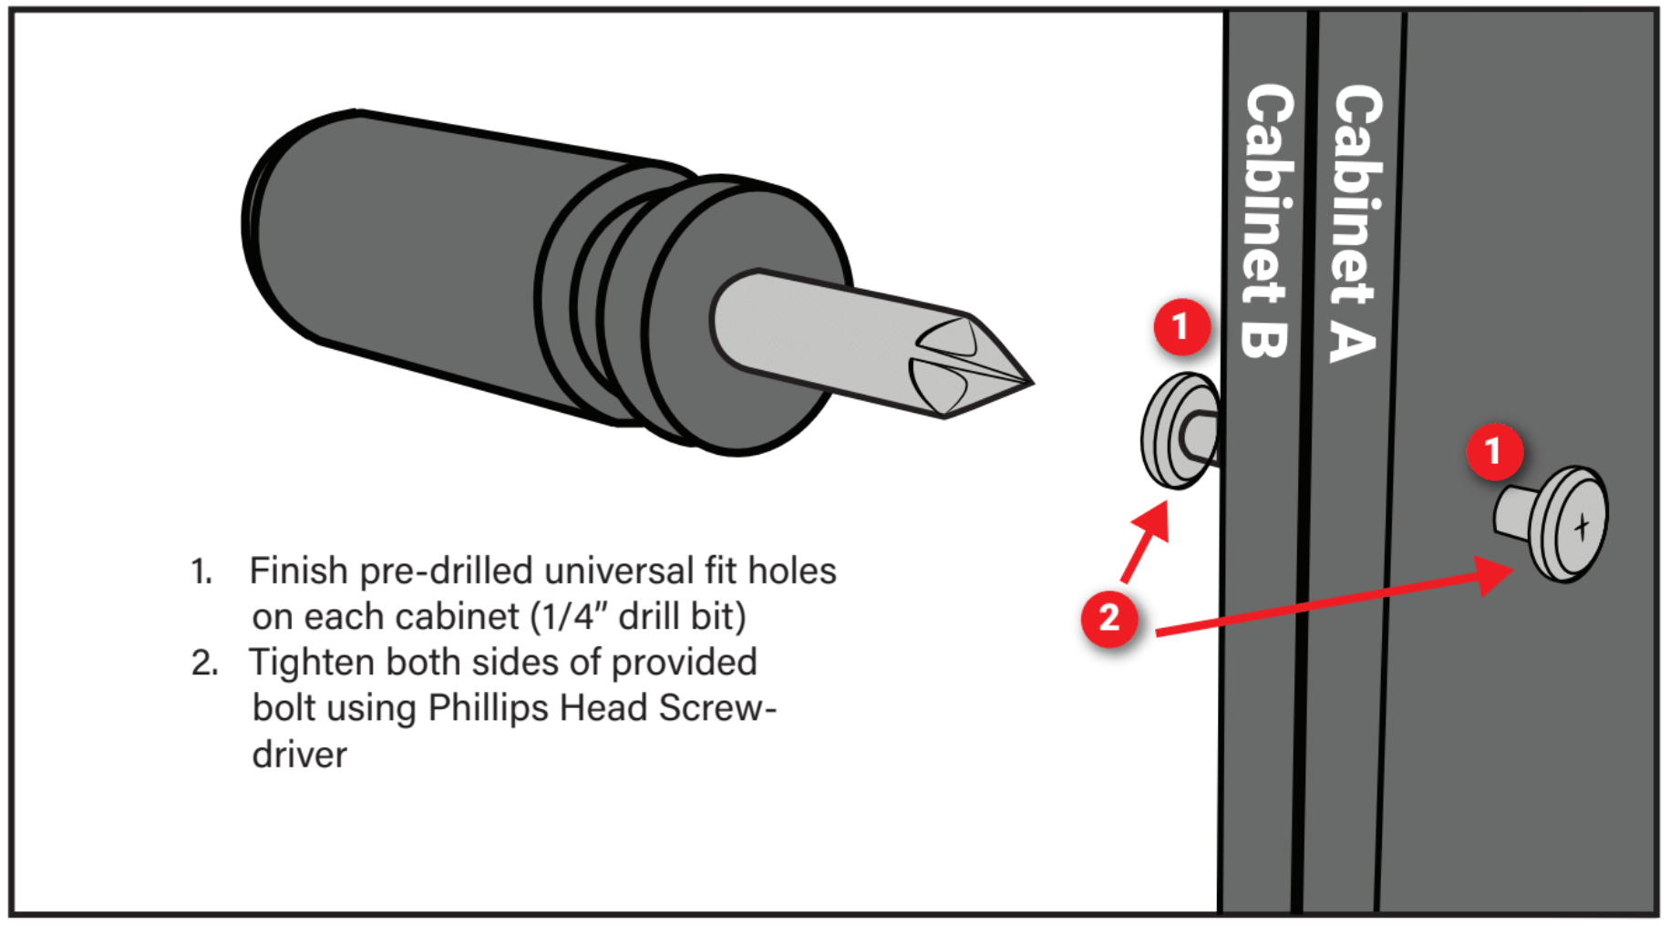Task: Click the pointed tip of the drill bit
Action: pos(1032,384)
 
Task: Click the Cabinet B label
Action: pos(1267,221)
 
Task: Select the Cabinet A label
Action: pos(1356,223)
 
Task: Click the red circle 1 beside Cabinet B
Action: pos(1181,326)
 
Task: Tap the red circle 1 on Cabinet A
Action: pos(1494,450)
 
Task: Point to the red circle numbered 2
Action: pos(1109,619)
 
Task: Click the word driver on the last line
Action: pos(300,756)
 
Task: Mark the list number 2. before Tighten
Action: pos(204,664)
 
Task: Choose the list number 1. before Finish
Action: pos(201,572)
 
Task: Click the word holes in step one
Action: pos(792,571)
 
